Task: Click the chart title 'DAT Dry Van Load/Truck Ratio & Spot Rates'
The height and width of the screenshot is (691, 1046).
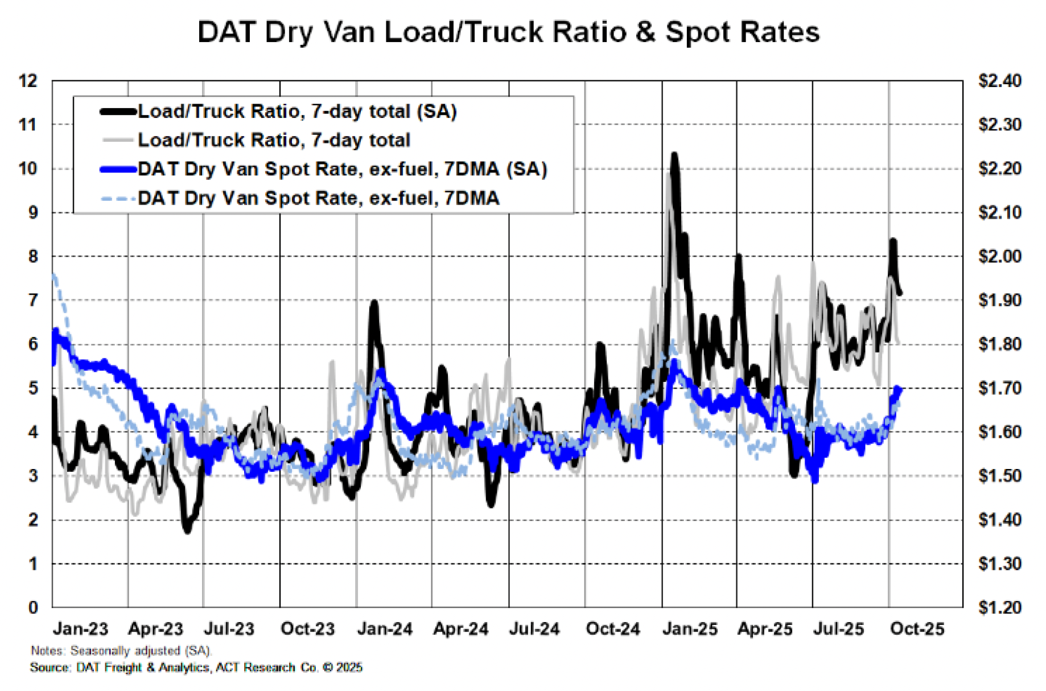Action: coord(508,32)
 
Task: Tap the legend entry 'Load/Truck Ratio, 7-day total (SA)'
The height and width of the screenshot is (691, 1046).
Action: coord(296,111)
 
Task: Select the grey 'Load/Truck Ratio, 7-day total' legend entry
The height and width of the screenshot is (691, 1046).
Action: coord(273,140)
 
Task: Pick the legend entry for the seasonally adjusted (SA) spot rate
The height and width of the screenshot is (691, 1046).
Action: coord(341,169)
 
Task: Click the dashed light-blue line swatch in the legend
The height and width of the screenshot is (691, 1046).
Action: coord(118,199)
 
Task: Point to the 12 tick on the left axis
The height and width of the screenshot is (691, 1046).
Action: coord(28,81)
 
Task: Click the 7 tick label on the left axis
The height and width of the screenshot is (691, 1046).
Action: coord(33,300)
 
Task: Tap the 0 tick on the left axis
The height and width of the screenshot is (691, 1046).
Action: coord(33,607)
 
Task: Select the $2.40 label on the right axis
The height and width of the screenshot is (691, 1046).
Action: coord(999,81)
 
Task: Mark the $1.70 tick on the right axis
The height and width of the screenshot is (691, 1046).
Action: coord(999,388)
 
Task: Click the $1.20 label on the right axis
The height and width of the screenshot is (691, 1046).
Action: coord(999,607)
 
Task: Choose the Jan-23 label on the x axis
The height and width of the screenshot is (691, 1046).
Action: coord(80,629)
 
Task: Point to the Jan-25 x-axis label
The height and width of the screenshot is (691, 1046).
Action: coord(690,629)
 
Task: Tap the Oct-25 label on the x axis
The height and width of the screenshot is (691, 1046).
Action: coord(917,629)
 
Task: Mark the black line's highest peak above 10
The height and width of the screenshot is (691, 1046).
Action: coord(674,155)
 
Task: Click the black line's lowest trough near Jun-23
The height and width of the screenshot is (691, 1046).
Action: coord(187,530)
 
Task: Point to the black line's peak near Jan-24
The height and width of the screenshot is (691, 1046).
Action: coord(373,302)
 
